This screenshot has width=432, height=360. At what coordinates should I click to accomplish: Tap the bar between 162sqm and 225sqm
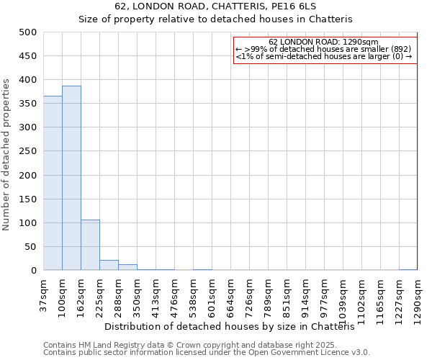click(90, 245)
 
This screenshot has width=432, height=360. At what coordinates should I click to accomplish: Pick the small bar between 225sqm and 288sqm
click(109, 265)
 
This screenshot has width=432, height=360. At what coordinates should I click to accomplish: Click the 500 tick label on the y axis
click(28, 32)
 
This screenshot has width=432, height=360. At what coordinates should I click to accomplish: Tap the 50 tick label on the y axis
click(31, 247)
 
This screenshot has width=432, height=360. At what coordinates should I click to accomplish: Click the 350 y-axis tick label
click(28, 104)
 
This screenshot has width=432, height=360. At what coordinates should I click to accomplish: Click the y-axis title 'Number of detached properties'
click(7, 151)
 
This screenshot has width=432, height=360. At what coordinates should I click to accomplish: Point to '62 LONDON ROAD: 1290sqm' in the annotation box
click(323, 42)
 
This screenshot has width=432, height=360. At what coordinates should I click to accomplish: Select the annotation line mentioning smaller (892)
click(323, 49)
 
